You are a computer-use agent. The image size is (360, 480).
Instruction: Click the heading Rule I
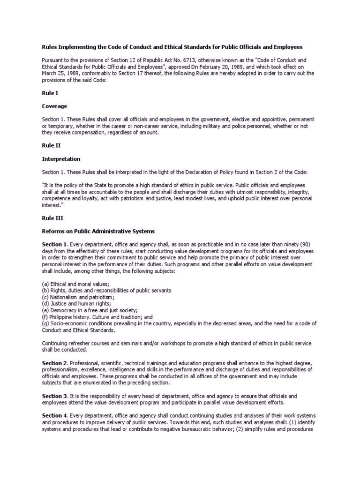pyautogui.click(x=49, y=93)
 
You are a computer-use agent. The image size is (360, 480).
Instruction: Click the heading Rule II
pyautogui.click(x=51, y=146)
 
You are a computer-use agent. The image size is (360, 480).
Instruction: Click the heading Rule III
pyautogui.click(x=52, y=218)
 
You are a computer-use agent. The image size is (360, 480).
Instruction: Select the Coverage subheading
pyautogui.click(x=54, y=106)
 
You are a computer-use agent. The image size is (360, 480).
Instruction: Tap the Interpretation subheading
pyautogui.click(x=61, y=159)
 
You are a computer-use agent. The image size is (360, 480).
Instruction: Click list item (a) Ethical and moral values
pyautogui.click(x=75, y=284)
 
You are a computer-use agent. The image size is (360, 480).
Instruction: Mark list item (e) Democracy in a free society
pyautogui.click(x=90, y=310)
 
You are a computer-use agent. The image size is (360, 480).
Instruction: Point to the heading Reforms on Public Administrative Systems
pyautogui.click(x=98, y=231)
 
